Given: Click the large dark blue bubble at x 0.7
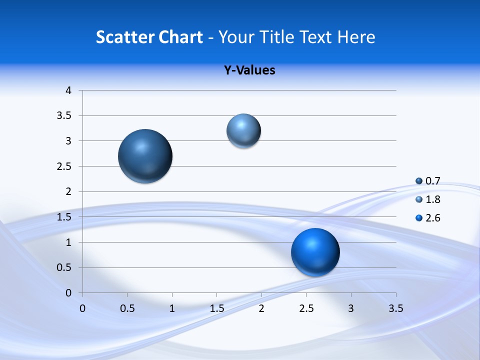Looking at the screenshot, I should coord(145,156).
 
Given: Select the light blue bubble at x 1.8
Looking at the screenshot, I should coord(243,131).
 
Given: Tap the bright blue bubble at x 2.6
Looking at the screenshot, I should coord(315,252).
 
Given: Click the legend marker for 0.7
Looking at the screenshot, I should coord(419,181).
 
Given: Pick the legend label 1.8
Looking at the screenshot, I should coord(433,199).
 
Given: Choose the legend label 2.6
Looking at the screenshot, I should coord(433,218).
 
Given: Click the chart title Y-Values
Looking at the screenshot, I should coord(249,70).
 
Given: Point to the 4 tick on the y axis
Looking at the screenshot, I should coord(69,90).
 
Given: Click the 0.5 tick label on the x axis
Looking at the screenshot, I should coord(127,308).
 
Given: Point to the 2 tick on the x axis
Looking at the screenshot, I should coord(261,308).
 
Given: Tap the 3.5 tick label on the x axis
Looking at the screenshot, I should coord(396,308).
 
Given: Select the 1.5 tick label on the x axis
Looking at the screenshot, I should coord(216,308).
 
